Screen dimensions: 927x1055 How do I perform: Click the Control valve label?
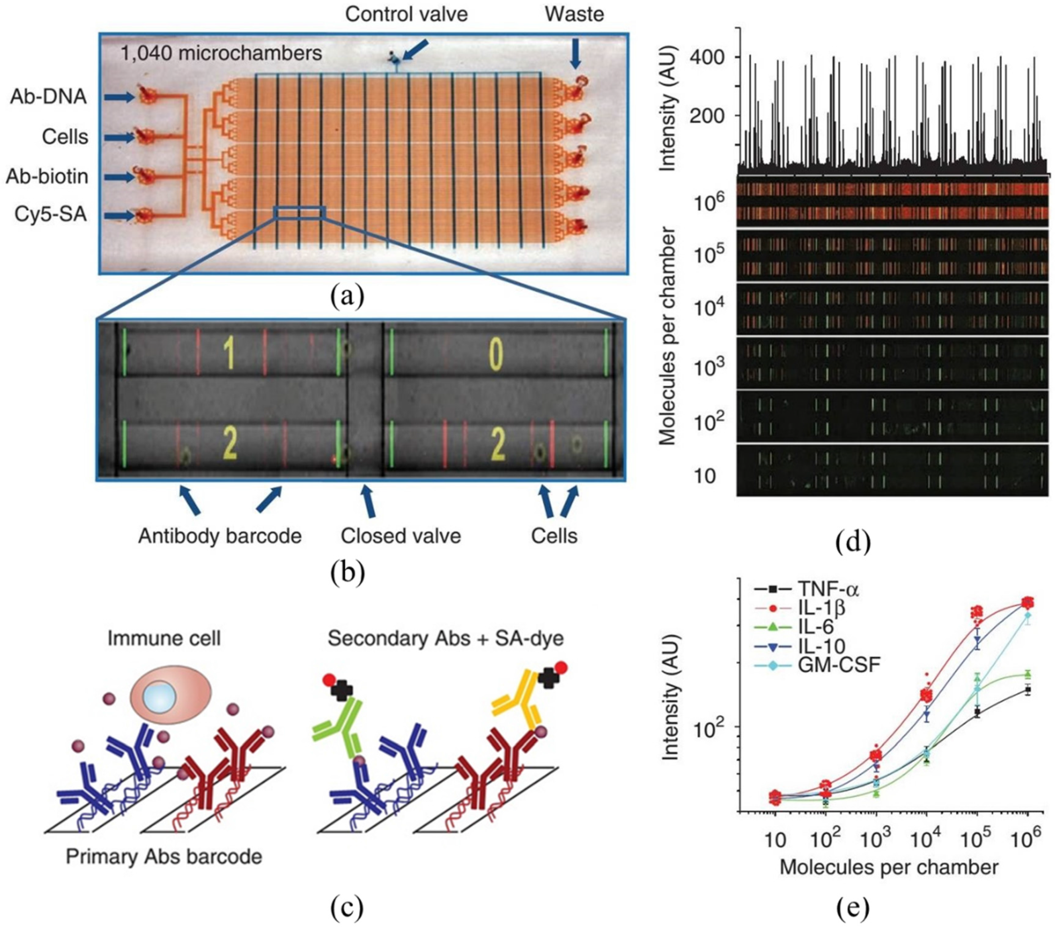tap(406, 14)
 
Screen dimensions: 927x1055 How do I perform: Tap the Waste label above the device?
tap(574, 14)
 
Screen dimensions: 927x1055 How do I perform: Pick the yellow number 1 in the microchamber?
tap(229, 354)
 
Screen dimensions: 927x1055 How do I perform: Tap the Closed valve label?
tap(401, 536)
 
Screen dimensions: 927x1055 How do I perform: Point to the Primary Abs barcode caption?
tap(164, 857)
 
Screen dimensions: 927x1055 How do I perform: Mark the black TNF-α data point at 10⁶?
tap(1028, 689)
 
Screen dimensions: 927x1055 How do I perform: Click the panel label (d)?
tap(853, 542)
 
